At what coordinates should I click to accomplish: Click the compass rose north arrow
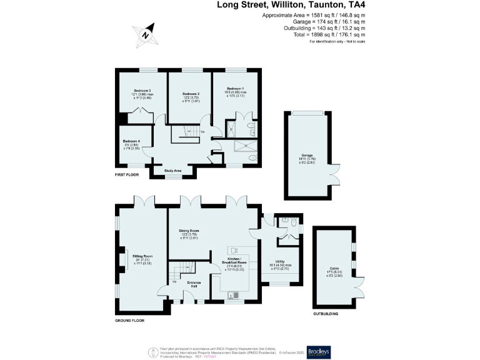point(145,35)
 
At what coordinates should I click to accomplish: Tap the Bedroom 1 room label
point(235,89)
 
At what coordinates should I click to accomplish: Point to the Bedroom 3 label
point(142,91)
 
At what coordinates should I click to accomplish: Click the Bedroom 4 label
point(131,141)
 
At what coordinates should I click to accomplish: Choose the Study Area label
point(173,170)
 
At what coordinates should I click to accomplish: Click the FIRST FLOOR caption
point(127,174)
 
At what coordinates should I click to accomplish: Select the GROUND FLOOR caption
point(129,320)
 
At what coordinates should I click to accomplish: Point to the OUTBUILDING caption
point(326,314)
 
